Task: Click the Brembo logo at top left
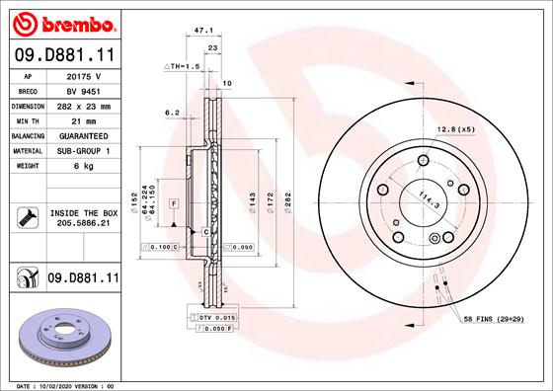point(64,24)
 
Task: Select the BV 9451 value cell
point(84,91)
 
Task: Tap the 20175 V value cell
point(84,76)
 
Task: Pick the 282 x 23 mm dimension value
point(84,107)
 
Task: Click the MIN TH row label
point(28,121)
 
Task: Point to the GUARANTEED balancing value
point(84,136)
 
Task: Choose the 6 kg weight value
point(84,166)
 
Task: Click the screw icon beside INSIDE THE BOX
point(28,217)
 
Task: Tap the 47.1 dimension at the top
point(203,31)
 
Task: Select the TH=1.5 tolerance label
point(182,66)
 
